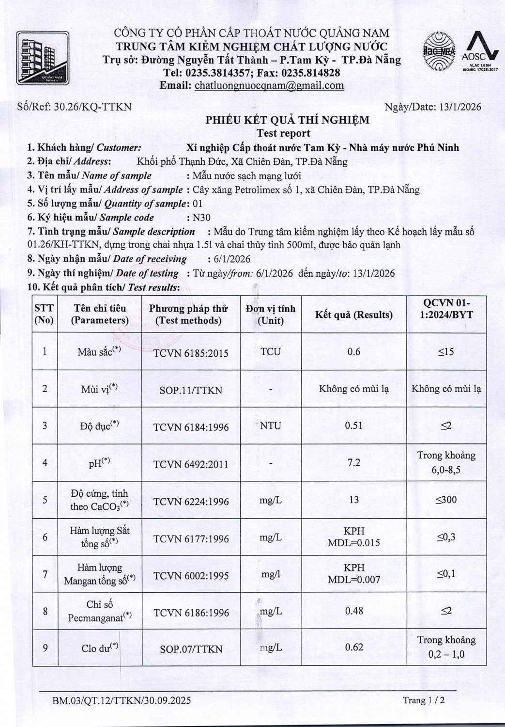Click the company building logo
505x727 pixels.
point(42,59)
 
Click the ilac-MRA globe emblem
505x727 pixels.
point(439,52)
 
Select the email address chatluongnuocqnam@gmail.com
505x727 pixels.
point(269,86)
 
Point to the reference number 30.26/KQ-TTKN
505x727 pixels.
point(92,107)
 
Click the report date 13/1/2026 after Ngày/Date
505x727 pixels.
point(460,107)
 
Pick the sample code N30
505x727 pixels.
point(201,218)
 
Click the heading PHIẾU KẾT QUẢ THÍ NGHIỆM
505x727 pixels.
point(287,120)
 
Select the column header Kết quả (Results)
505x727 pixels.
point(354,315)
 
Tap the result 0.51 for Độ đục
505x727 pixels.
point(354,426)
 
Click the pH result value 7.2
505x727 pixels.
point(354,462)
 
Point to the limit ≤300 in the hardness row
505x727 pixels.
point(446,500)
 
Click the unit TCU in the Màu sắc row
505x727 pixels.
point(271,352)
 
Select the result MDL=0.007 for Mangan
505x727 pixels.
point(354,580)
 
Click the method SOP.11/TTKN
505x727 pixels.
point(191,390)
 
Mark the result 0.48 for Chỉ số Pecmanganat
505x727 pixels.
point(354,611)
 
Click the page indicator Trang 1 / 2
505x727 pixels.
point(424,700)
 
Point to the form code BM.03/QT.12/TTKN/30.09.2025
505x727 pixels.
point(122,700)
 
